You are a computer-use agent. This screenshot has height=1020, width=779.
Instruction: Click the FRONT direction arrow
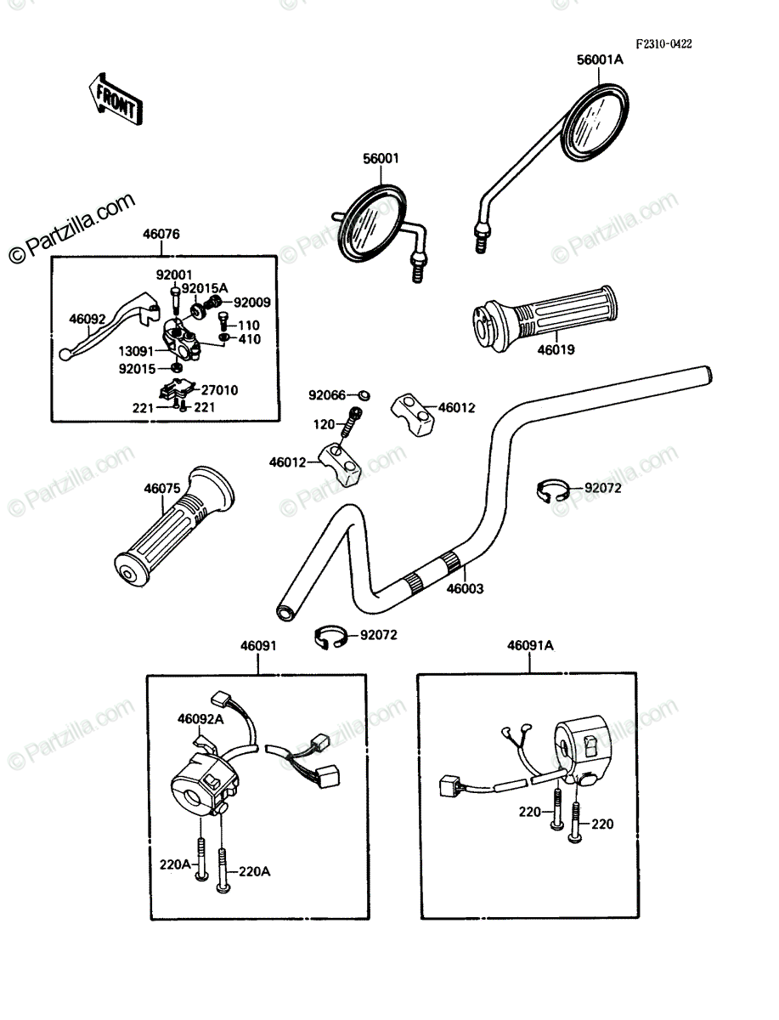(116, 99)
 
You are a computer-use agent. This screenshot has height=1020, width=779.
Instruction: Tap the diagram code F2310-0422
(663, 43)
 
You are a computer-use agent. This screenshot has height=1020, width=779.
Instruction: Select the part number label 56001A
(600, 59)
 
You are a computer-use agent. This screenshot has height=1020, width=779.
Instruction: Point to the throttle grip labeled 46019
(545, 317)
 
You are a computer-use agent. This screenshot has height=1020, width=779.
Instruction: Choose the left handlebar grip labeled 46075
(174, 525)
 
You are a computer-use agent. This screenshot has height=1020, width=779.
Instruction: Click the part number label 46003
(465, 588)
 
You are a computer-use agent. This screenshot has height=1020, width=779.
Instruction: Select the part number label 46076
(161, 234)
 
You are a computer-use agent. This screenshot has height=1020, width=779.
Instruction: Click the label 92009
(251, 303)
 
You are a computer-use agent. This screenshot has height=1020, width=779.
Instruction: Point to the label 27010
(219, 390)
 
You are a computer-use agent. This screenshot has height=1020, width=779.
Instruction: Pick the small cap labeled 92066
(364, 395)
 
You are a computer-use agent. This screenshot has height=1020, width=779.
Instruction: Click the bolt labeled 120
(351, 422)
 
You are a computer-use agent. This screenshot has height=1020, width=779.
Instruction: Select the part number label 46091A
(530, 645)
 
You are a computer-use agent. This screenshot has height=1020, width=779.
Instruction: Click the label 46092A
(200, 719)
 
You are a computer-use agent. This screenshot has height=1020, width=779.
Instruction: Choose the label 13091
(136, 351)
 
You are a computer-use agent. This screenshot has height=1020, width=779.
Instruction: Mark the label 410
(249, 339)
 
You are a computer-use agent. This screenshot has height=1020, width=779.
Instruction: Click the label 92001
(173, 275)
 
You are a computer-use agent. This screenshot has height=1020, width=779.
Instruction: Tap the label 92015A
(205, 288)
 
